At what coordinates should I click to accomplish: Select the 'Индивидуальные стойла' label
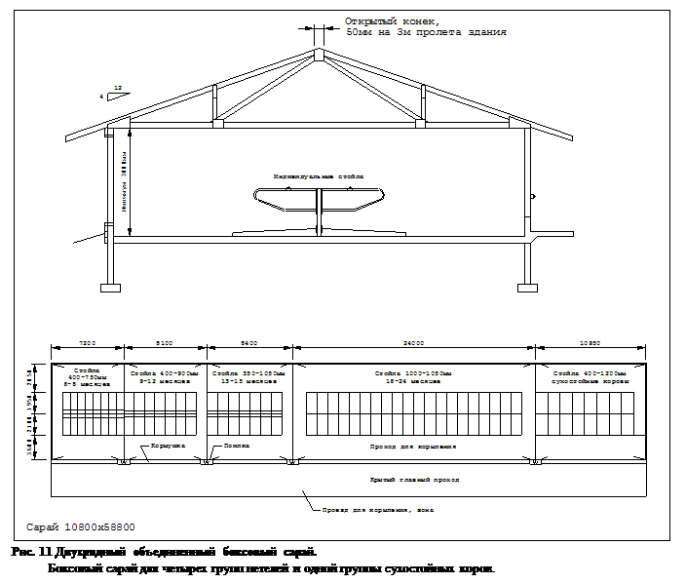(x=319, y=176)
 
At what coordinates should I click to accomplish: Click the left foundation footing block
(x=109, y=287)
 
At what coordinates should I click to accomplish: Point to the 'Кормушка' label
(x=165, y=446)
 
